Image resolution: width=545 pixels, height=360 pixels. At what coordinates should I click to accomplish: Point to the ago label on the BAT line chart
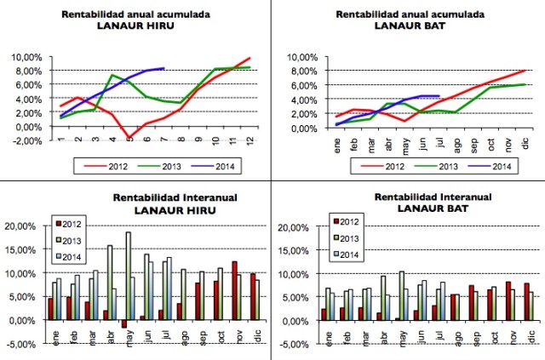458,144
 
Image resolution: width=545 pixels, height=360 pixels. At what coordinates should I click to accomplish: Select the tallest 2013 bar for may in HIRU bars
129,276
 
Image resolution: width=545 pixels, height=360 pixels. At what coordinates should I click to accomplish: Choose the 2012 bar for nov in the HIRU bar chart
234,290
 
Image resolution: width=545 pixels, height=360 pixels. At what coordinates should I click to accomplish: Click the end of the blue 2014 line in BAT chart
439,96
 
